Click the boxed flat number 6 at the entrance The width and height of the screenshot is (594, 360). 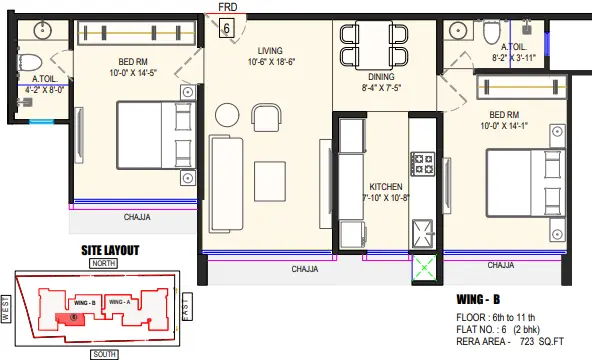pyautogui.click(x=227, y=28)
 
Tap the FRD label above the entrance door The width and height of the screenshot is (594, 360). pyautogui.click(x=228, y=7)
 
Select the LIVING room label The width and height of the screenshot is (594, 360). pyautogui.click(x=270, y=50)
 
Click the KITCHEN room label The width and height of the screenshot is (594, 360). pyautogui.click(x=386, y=187)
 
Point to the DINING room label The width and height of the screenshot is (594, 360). pyautogui.click(x=381, y=77)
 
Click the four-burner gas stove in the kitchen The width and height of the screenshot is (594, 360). pyautogui.click(x=422, y=164)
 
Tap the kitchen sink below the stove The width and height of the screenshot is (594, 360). pyautogui.click(x=422, y=233)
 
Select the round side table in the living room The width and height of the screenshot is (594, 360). pyautogui.click(x=227, y=115)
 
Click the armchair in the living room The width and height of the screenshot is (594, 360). pyautogui.click(x=266, y=117)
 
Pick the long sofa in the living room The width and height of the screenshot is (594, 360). pyautogui.click(x=227, y=184)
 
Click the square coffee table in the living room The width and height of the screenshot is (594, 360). pyautogui.click(x=270, y=181)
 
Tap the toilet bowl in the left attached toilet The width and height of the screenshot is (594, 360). pyautogui.click(x=30, y=63)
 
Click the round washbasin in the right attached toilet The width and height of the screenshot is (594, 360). pyautogui.click(x=458, y=30)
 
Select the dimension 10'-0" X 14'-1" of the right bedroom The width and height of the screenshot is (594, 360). pyautogui.click(x=504, y=126)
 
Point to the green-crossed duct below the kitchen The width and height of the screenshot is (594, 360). pyautogui.click(x=424, y=268)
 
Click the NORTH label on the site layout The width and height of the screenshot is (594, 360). pyautogui.click(x=103, y=263)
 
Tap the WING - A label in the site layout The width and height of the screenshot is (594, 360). pyautogui.click(x=119, y=302)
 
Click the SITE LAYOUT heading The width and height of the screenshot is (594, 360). pyautogui.click(x=110, y=250)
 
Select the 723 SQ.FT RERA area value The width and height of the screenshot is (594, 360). pyautogui.click(x=542, y=341)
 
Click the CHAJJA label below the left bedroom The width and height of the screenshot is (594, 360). pyautogui.click(x=137, y=217)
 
